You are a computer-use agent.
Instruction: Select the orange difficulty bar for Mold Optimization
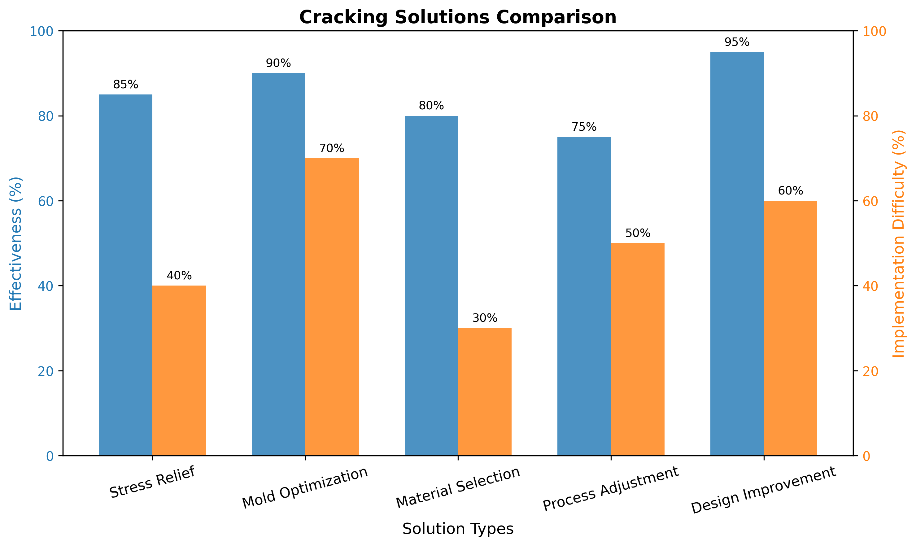point(332,307)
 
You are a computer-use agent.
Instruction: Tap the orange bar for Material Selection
point(485,392)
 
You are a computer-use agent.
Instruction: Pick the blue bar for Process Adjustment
point(584,296)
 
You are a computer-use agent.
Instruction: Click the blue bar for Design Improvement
point(737,254)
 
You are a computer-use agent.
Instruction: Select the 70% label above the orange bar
point(332,149)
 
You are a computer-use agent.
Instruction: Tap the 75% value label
point(584,127)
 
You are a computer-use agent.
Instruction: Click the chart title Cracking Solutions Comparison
point(458,17)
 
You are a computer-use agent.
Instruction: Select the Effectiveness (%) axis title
point(16,243)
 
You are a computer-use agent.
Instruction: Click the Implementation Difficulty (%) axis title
point(899,243)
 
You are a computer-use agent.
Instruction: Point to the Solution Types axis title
point(458,529)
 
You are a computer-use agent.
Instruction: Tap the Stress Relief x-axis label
point(152,482)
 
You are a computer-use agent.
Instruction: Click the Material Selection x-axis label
point(458,487)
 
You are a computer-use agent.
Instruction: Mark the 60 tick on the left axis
point(46,201)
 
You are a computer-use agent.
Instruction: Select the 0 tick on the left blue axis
point(50,456)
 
